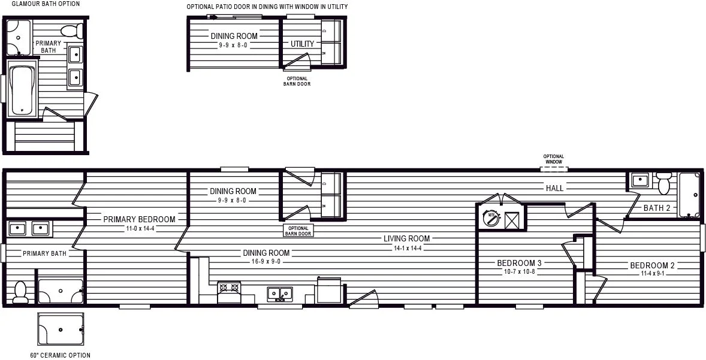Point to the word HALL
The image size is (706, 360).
[x=555, y=189]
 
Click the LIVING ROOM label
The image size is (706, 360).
[x=406, y=238]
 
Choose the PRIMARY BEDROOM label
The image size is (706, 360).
[x=139, y=220]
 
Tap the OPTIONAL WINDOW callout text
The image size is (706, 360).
[x=554, y=159]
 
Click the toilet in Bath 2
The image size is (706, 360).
[x=663, y=183]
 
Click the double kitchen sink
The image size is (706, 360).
[x=280, y=294]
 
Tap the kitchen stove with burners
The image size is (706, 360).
[x=229, y=292]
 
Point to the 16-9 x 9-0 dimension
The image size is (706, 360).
[x=266, y=261]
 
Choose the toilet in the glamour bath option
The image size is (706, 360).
[x=72, y=32]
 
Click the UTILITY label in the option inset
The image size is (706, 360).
[x=302, y=44]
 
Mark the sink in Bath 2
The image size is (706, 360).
[x=639, y=181]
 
